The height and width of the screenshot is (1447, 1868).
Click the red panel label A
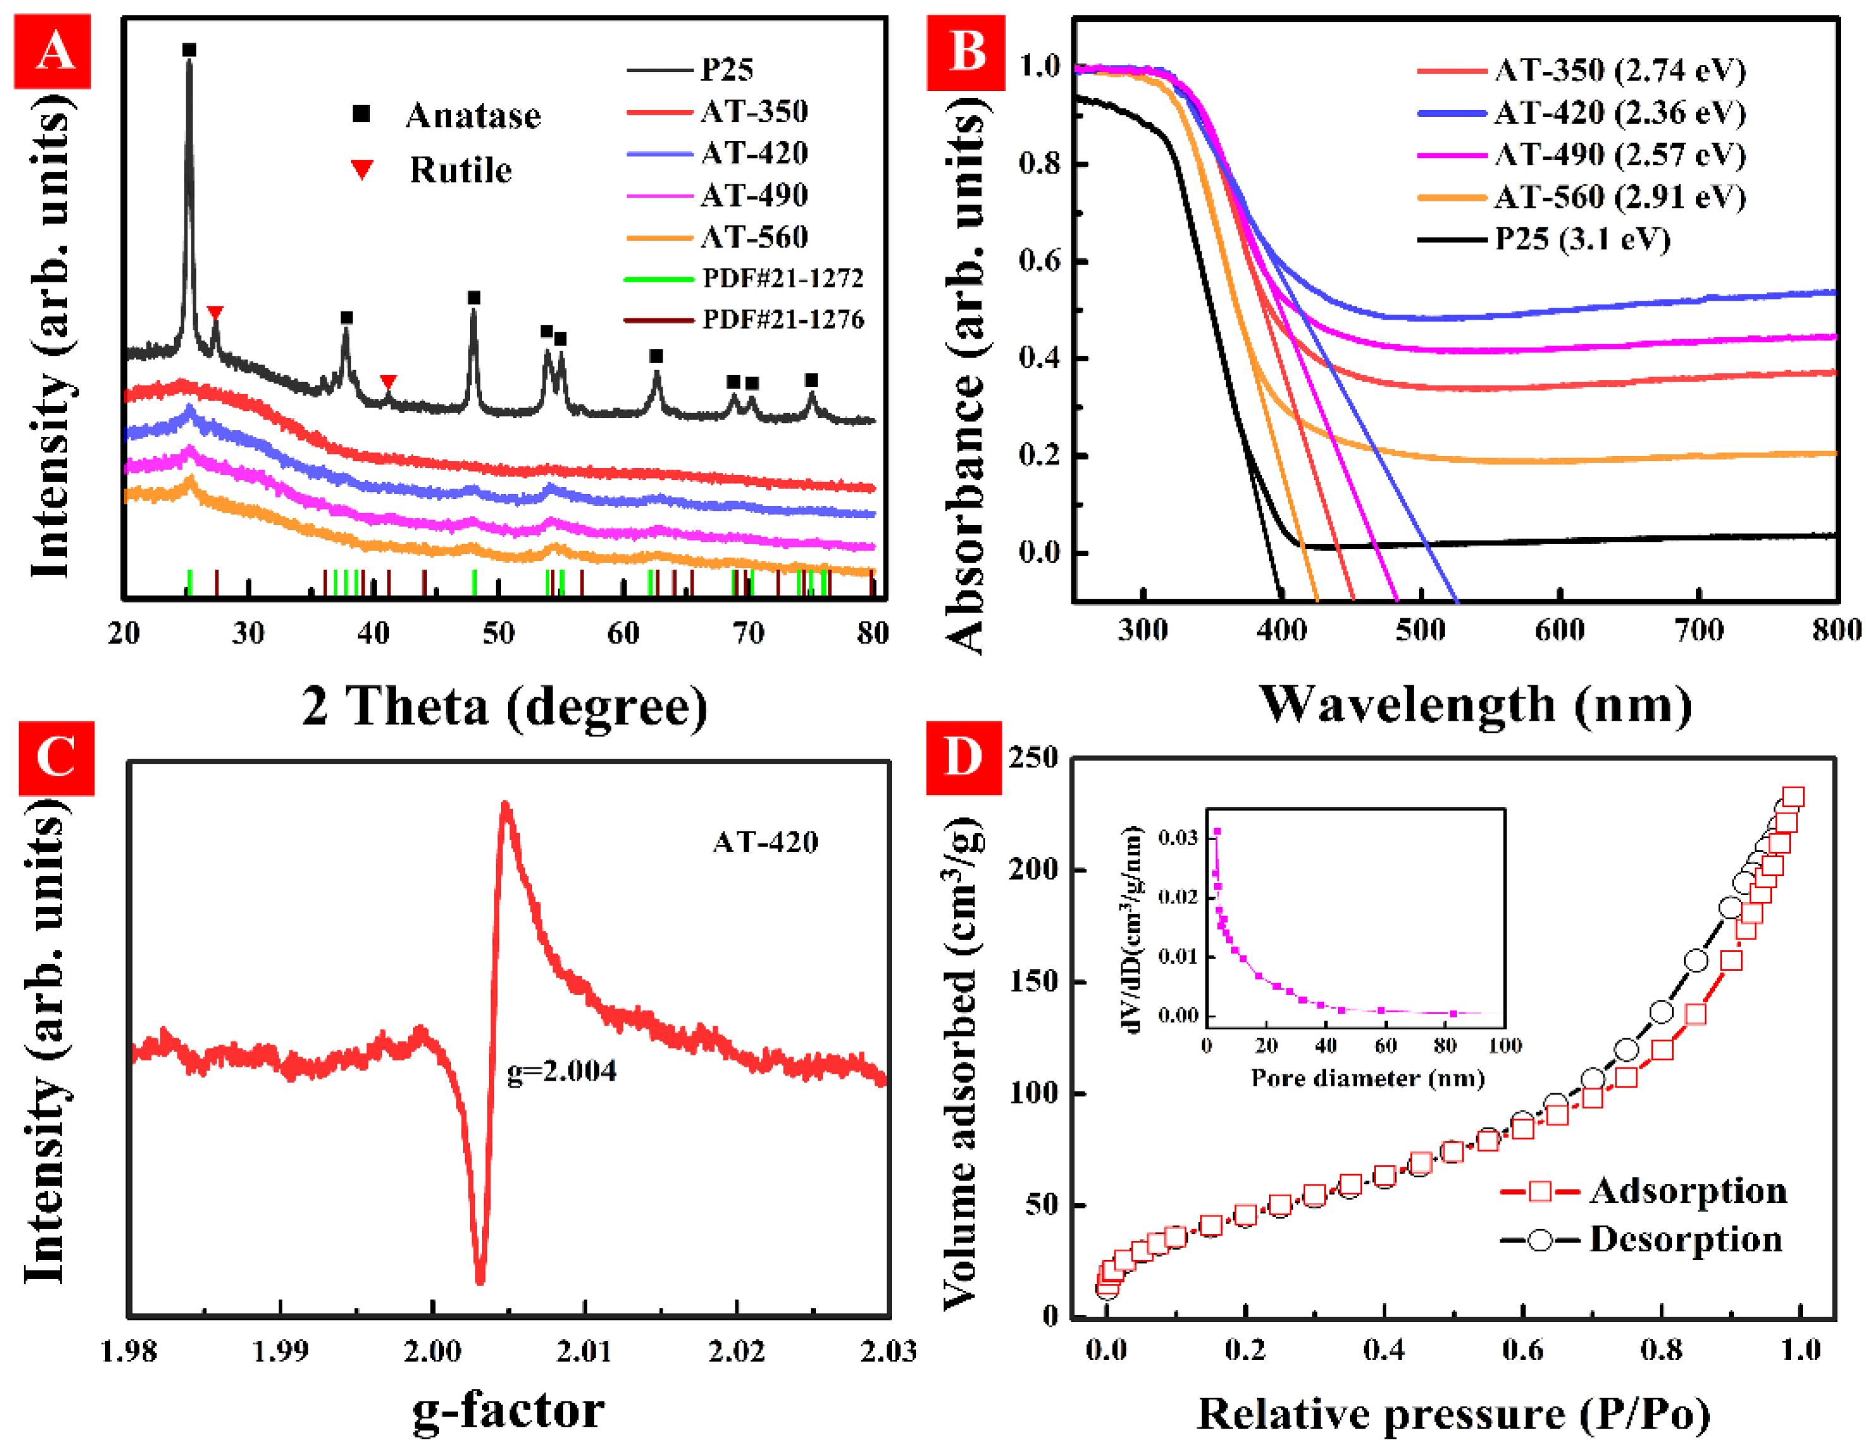52,51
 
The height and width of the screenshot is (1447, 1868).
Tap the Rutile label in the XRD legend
460,170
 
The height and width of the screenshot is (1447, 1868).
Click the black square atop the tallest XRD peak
189,51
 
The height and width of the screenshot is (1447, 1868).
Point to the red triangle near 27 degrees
215,313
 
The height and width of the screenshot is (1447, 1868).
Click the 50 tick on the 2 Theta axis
498,633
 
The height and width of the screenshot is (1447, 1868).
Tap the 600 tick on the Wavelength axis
1559,630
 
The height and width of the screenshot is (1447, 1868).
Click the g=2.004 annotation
561,1071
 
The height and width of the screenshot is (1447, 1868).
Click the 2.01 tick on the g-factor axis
584,1351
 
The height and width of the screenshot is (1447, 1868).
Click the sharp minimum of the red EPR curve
480,1280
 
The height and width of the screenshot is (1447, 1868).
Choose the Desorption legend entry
1684,1239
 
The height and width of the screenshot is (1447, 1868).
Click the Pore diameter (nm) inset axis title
1367,1078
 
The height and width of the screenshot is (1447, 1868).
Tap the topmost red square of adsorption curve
1793,797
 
